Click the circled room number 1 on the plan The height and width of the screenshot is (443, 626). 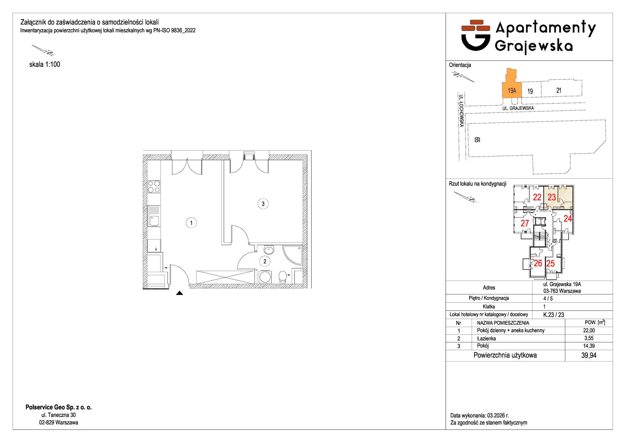191,223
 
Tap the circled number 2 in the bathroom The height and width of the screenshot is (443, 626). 265,261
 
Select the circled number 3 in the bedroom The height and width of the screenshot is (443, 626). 263,204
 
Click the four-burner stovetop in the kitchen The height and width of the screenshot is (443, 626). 154,187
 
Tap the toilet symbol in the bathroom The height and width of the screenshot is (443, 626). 283,277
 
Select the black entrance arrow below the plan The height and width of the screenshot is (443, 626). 179,293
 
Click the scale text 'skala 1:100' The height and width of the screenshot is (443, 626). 45,64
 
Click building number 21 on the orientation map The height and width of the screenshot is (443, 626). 559,90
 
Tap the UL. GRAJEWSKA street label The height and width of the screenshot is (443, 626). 518,108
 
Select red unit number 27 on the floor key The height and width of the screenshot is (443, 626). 525,223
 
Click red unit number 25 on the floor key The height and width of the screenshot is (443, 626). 550,263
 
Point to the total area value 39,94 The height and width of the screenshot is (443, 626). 589,355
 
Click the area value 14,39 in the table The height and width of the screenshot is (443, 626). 589,346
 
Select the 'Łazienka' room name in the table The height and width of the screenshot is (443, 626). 486,338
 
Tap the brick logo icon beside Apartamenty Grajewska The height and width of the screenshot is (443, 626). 476,35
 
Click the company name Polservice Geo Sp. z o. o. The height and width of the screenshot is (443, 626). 59,407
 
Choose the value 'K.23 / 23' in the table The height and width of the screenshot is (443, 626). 554,315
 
